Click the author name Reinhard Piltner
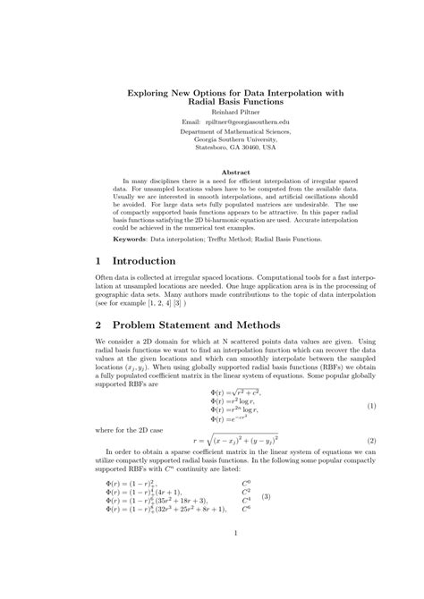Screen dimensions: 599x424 click(213, 112)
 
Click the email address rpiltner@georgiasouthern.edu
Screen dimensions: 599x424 click(227, 120)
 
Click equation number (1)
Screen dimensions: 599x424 click(371, 406)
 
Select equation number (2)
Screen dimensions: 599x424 click(371, 442)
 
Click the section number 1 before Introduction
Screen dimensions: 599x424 click(98, 260)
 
